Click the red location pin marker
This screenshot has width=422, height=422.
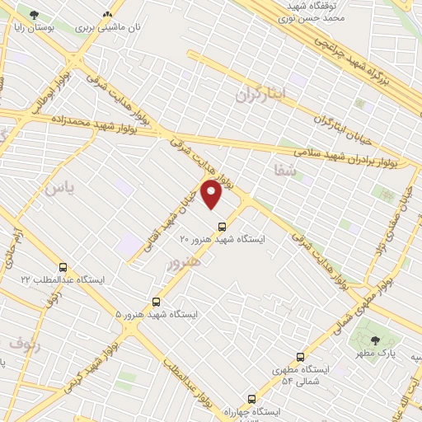212,195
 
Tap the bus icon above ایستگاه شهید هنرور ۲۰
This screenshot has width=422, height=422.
221,227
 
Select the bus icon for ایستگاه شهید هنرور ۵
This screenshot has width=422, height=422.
157,302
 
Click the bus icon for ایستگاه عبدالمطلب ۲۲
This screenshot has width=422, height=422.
63,267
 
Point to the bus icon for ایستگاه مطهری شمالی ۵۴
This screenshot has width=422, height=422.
299,358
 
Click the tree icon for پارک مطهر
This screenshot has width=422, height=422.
376,340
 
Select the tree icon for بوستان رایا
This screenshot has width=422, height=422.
34,16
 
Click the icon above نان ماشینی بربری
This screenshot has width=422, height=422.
107,16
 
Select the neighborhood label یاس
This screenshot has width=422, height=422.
59,188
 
